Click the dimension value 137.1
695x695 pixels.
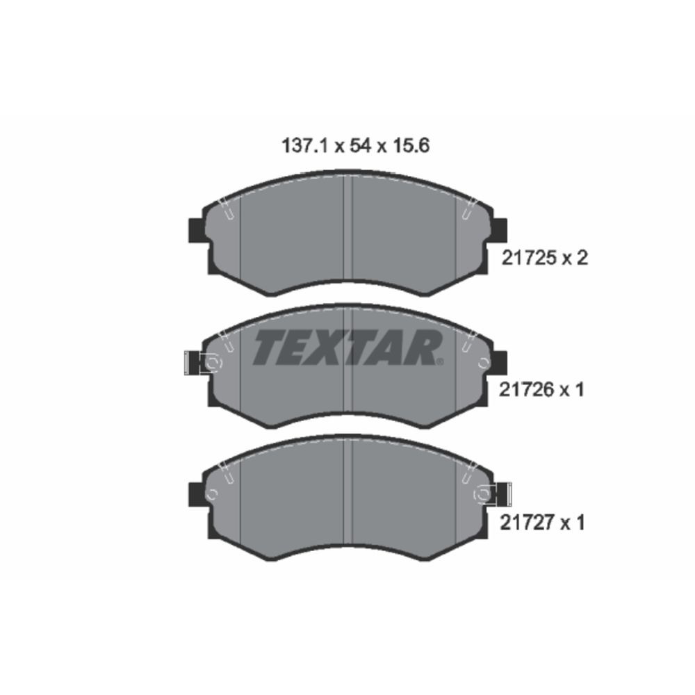pyautogui.click(x=304, y=146)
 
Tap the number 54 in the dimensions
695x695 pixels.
pyautogui.click(x=360, y=146)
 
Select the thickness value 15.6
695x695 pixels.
pyautogui.click(x=411, y=146)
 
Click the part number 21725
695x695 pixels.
pyautogui.click(x=528, y=258)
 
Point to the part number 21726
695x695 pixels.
pyautogui.click(x=526, y=390)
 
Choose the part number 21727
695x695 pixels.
pyautogui.click(x=527, y=523)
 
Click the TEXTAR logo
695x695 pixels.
pyautogui.click(x=348, y=348)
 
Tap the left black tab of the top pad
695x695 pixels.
pyautogui.click(x=196, y=231)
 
